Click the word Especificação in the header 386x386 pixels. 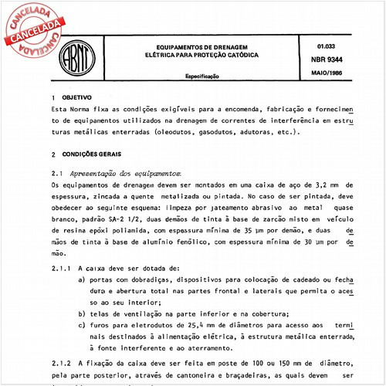[x=204, y=78]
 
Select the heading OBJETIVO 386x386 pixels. [x=79, y=100]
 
